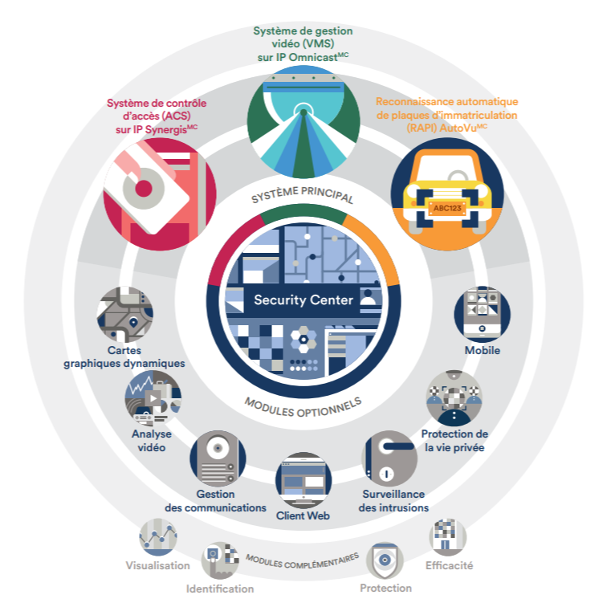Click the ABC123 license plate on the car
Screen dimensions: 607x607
(446, 209)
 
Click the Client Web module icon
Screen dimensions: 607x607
(302, 480)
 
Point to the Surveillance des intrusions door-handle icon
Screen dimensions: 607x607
(389, 458)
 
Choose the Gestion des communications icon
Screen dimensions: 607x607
(217, 458)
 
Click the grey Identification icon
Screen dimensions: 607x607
(220, 560)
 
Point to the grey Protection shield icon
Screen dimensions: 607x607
(385, 560)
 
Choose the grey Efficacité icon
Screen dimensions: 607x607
(448, 536)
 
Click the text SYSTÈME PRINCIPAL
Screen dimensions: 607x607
(303, 194)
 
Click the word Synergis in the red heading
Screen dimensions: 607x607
(164, 129)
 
